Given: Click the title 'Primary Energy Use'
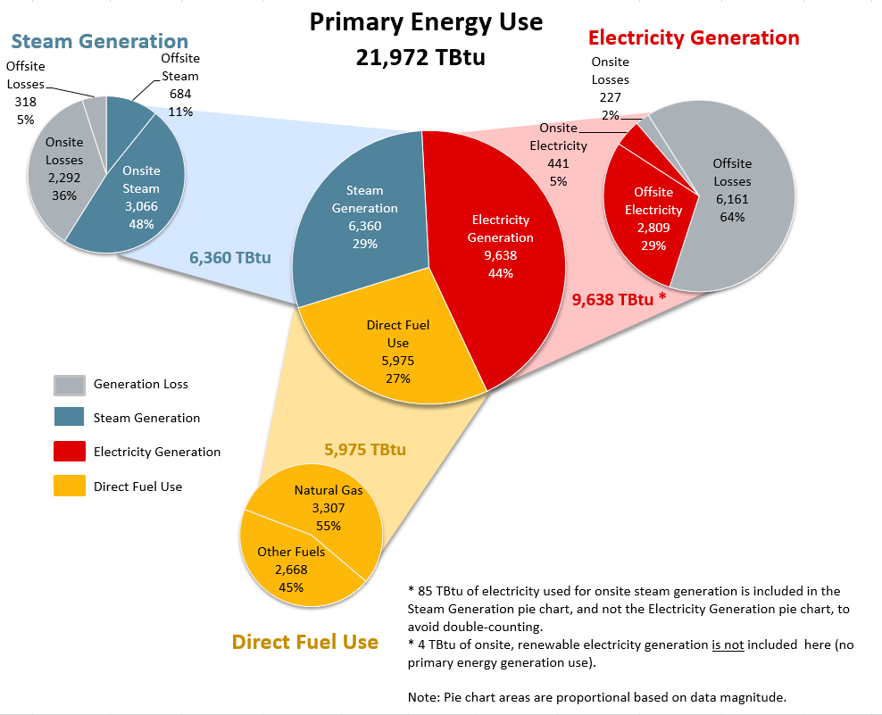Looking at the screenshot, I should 426,21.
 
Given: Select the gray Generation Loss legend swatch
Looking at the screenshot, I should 70,385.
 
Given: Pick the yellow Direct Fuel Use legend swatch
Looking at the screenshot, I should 70,486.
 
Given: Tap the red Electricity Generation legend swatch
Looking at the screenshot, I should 70,452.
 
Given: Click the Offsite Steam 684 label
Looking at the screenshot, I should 180,85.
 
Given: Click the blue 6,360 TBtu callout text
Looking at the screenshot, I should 229,258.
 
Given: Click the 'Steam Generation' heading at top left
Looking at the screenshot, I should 100,41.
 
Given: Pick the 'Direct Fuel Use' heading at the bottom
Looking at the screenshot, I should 304,642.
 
